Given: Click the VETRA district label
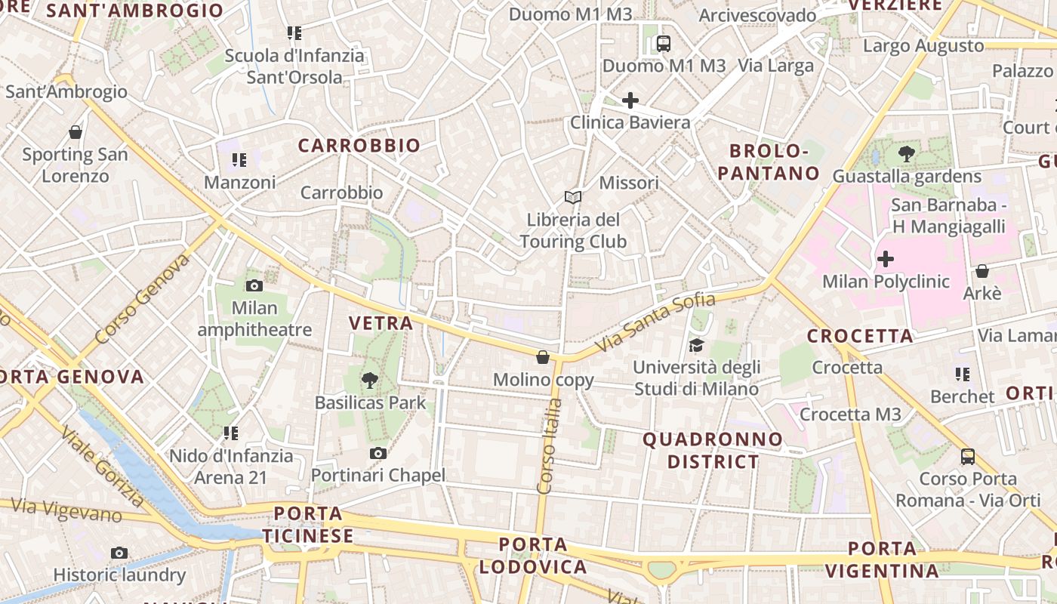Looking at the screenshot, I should click(x=381, y=323).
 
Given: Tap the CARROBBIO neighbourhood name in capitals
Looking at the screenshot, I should click(x=359, y=146).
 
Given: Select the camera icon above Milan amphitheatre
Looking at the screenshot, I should click(x=254, y=285).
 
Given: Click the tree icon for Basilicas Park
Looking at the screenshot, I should click(x=369, y=381).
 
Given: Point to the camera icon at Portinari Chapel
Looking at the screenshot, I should click(x=378, y=453).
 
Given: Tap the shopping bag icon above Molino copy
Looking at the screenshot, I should click(x=542, y=356).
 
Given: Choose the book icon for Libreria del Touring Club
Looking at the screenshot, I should click(x=573, y=198).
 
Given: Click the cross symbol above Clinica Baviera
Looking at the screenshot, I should click(x=630, y=100).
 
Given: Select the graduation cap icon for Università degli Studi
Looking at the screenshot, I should click(x=695, y=345).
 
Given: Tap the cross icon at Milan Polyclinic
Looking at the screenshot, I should click(x=885, y=260).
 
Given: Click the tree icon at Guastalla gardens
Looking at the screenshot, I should click(x=907, y=155).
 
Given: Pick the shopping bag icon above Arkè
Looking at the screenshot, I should click(x=982, y=270).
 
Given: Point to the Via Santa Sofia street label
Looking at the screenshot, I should click(x=655, y=322).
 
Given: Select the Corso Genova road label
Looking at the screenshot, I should click(x=143, y=299).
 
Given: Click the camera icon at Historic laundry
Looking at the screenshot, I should click(x=119, y=553).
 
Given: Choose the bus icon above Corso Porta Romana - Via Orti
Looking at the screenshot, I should click(x=968, y=456).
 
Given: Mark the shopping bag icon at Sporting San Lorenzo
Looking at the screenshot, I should click(x=75, y=132).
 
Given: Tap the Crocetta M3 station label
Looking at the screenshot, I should click(x=850, y=414).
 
